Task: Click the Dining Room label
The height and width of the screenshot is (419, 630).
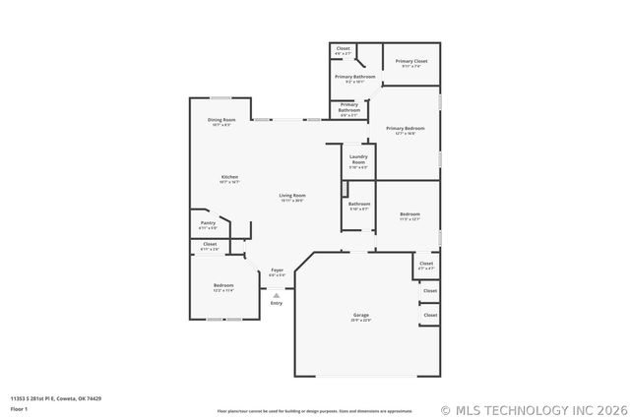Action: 221,120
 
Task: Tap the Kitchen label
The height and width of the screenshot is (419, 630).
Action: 229,177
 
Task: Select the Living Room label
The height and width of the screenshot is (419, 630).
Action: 292,196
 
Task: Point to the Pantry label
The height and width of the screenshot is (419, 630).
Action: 208,223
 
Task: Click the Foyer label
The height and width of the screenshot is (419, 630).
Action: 278,269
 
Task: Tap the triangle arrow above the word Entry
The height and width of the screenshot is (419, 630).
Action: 277,294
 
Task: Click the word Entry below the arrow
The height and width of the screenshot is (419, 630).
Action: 277,303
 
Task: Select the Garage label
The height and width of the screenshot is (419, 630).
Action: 361,315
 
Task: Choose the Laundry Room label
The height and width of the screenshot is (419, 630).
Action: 358,158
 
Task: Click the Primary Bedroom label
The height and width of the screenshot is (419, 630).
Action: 406,128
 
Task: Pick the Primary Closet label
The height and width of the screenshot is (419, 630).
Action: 411,61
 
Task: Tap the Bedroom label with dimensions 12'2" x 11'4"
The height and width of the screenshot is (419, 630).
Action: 223,285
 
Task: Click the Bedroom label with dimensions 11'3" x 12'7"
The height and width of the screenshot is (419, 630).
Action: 410,213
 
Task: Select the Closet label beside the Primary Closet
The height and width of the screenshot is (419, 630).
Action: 343,49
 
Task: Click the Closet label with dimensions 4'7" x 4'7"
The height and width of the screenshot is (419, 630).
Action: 425,264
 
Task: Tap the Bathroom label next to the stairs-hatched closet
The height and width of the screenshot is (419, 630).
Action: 359,204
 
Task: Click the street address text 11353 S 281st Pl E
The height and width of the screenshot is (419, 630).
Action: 55,398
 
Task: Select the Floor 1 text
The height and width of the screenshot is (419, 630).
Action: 20,407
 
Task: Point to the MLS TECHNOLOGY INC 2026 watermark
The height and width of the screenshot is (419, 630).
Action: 531,409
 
